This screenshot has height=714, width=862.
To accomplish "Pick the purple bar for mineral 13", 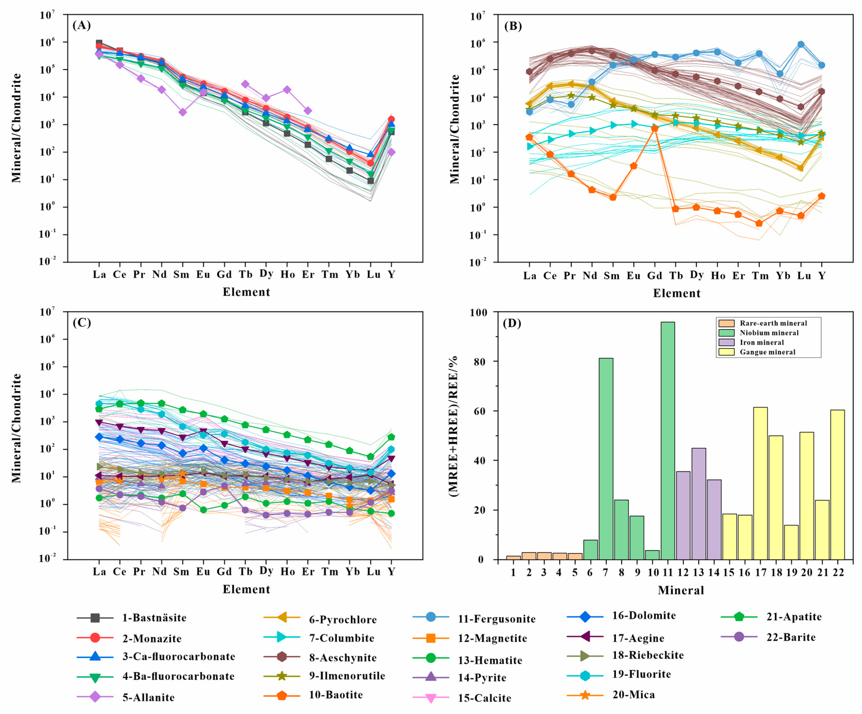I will (699, 504).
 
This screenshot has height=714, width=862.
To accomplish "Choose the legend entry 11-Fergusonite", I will (496, 619).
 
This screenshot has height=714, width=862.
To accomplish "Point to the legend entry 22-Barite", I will (791, 637).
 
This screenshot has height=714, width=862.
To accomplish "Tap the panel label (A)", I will (81, 25).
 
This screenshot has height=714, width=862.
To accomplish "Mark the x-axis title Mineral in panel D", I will (681, 590).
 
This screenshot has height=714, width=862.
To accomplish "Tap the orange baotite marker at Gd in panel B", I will (654, 128).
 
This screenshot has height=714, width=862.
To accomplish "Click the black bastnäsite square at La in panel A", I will (99, 43).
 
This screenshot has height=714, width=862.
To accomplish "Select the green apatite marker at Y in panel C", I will (391, 437).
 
